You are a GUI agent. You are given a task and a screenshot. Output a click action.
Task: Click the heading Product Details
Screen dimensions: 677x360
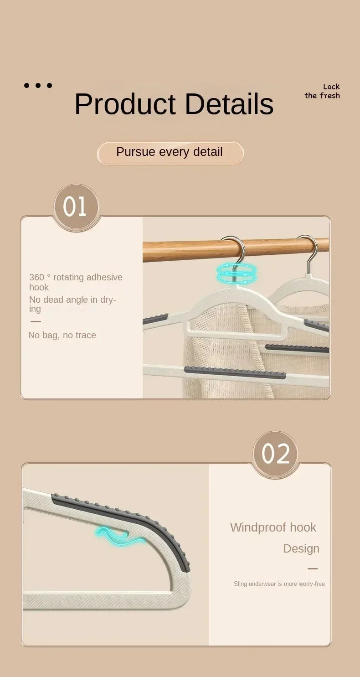pos(174,104)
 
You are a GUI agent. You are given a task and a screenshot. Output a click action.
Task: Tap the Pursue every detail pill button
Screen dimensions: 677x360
pos(170,152)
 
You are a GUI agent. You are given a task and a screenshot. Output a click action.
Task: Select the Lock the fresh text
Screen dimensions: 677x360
pos(322,91)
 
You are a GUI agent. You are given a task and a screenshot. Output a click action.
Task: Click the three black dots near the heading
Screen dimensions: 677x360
pos(38,85)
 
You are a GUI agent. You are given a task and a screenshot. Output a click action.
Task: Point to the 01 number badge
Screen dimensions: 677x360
pos(76,207)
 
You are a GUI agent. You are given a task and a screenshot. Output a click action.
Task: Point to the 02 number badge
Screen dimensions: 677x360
pos(275,454)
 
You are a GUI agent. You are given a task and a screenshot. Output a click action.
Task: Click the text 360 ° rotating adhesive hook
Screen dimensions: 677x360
pos(76,282)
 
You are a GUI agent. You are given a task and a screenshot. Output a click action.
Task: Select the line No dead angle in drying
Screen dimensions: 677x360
pos(72,304)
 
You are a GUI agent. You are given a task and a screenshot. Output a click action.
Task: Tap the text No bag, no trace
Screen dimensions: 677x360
pos(62,335)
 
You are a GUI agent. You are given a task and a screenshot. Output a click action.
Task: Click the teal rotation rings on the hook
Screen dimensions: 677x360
pos(237,274)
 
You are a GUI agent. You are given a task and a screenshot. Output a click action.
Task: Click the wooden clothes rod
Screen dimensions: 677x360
pos(191,250)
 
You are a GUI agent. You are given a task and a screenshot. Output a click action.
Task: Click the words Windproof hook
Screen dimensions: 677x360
pos(273,527)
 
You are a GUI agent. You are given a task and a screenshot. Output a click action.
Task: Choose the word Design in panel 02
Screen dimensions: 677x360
pos(301,548)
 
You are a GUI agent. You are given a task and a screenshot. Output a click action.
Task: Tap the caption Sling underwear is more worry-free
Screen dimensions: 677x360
pos(279,584)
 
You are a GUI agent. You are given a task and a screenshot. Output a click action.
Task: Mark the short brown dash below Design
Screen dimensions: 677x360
pos(313,568)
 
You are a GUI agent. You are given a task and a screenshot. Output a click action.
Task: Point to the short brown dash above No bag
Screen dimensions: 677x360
pos(36,321)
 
